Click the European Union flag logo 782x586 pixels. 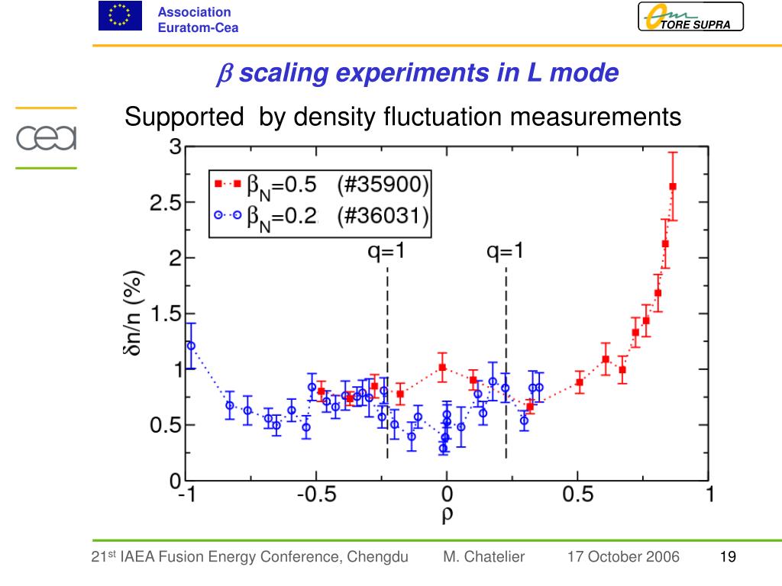pyautogui.click(x=120, y=16)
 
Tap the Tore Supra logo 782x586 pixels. pyautogui.click(x=690, y=17)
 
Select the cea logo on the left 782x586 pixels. pyautogui.click(x=47, y=138)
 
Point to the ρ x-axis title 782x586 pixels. pyautogui.click(x=447, y=514)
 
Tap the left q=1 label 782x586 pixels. pyautogui.click(x=386, y=252)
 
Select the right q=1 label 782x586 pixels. pyautogui.click(x=506, y=252)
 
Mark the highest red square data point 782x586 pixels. pyautogui.click(x=673, y=186)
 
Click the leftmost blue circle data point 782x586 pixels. pyautogui.click(x=191, y=346)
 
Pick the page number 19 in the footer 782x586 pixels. pyautogui.click(x=728, y=557)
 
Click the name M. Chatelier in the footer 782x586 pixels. pyautogui.click(x=483, y=557)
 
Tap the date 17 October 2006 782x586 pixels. pyautogui.click(x=623, y=557)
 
